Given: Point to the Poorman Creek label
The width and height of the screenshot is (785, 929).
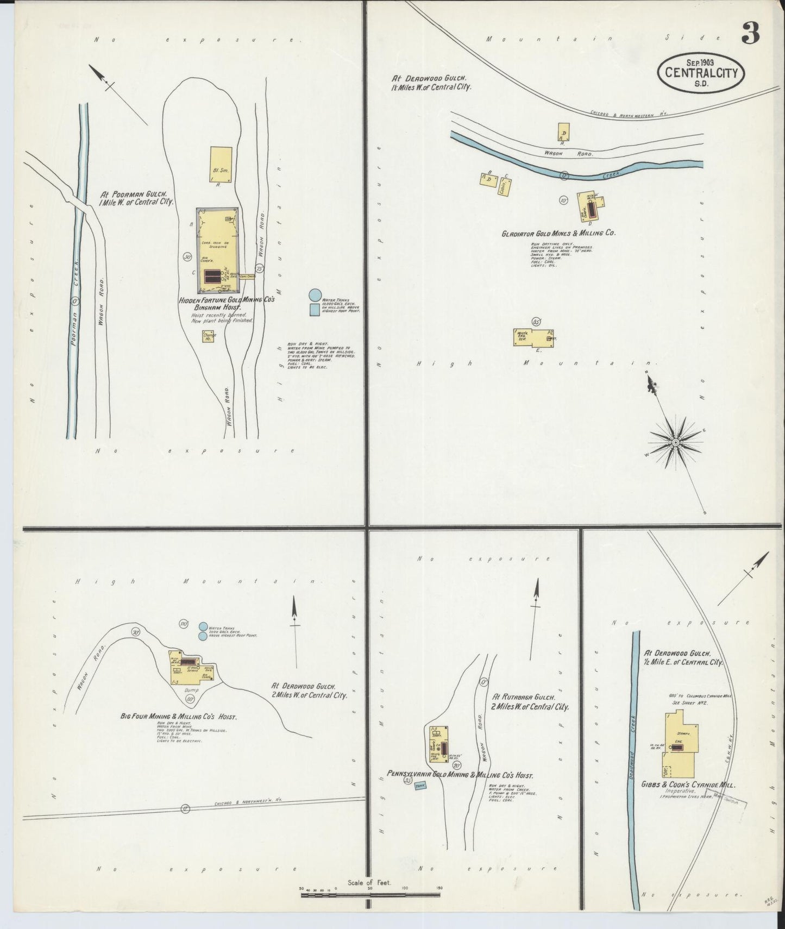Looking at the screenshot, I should click(76, 294).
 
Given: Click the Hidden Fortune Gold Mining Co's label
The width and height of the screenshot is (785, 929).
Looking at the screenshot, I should click(227, 300).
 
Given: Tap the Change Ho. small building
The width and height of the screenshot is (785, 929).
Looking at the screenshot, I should click(209, 336).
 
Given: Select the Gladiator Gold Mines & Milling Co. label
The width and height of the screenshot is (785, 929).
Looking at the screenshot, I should click(558, 233).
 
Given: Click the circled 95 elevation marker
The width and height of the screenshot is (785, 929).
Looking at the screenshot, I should click(536, 322).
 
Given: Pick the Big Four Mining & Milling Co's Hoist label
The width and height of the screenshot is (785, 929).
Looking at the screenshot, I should click(178, 717).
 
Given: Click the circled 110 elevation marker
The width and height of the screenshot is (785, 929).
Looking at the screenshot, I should click(184, 624).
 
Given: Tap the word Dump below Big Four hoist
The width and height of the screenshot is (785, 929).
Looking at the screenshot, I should click(191, 689).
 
